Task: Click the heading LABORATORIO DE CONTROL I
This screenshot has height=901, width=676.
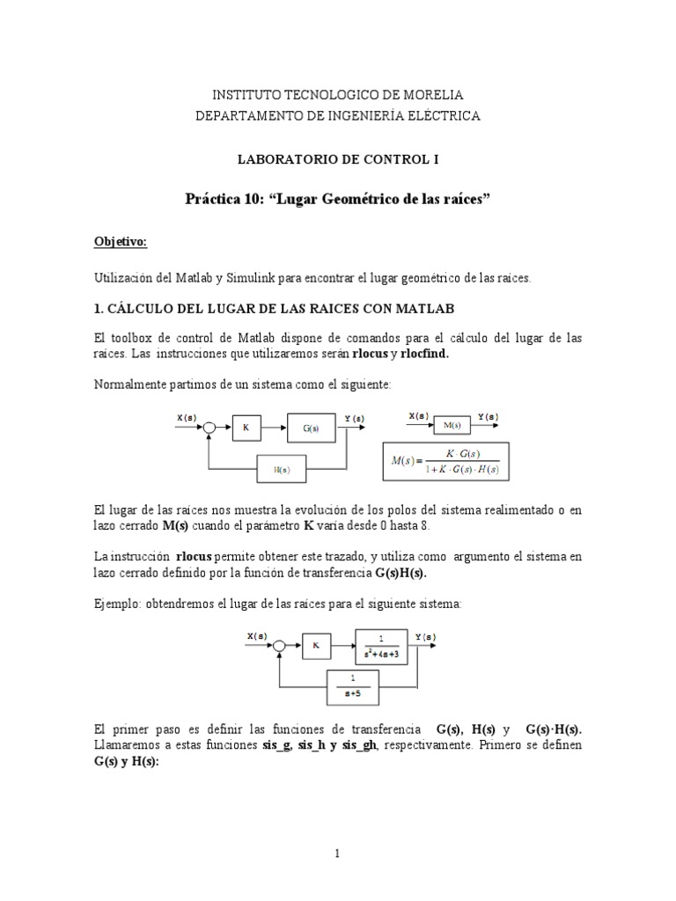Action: pyautogui.click(x=338, y=159)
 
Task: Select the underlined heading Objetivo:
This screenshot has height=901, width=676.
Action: pyautogui.click(x=121, y=241)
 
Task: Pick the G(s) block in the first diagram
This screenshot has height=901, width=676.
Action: pyautogui.click(x=311, y=429)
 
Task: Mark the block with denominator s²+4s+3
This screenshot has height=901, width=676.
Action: pyautogui.click(x=381, y=645)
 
